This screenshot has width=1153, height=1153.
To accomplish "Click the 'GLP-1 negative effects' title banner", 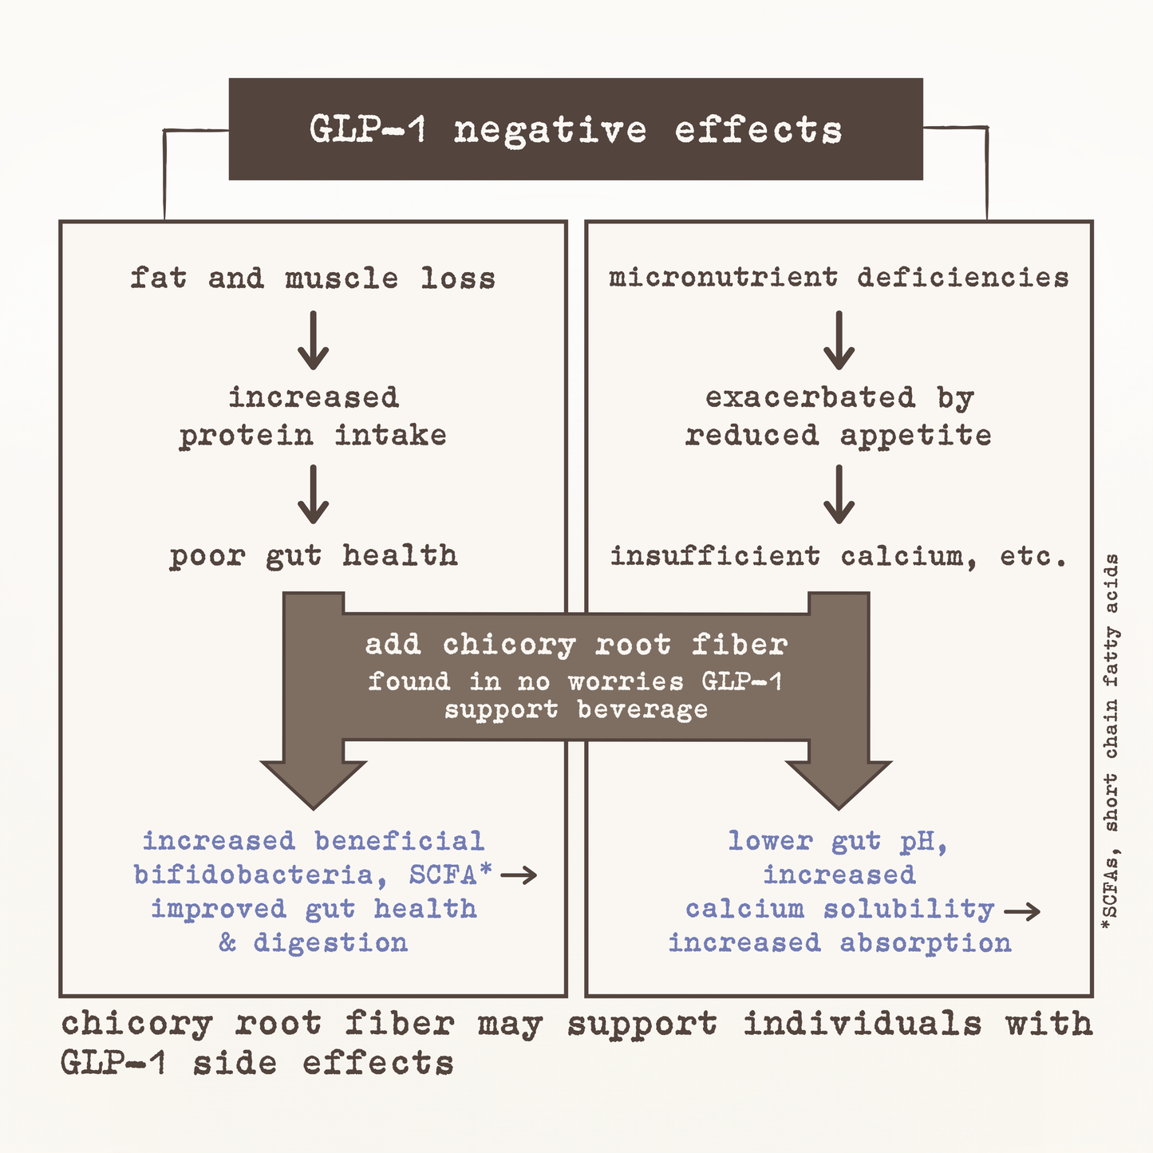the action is [x=575, y=128].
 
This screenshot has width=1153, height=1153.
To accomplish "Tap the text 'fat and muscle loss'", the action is [x=313, y=278].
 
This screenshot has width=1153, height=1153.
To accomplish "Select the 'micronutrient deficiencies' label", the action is [x=839, y=278].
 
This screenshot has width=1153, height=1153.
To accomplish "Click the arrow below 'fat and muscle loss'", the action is [x=313, y=340].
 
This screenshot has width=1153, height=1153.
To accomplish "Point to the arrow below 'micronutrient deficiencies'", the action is [x=839, y=340].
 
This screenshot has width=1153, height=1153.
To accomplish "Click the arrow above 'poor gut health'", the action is [x=313, y=494].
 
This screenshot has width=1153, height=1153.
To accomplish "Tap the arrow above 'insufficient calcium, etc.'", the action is [x=839, y=494].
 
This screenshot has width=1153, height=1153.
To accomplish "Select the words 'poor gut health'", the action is [x=314, y=557].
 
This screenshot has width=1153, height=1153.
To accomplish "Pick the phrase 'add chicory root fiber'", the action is [x=576, y=645].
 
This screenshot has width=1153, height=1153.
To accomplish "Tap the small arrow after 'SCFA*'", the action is [x=519, y=875].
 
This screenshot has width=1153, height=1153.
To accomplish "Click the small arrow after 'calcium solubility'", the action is [x=1022, y=912].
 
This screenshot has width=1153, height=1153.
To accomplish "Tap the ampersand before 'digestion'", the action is [x=227, y=943].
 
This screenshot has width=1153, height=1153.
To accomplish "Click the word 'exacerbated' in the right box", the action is [x=810, y=398].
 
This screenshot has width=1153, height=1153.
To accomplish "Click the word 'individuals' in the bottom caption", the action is [x=863, y=1024].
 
